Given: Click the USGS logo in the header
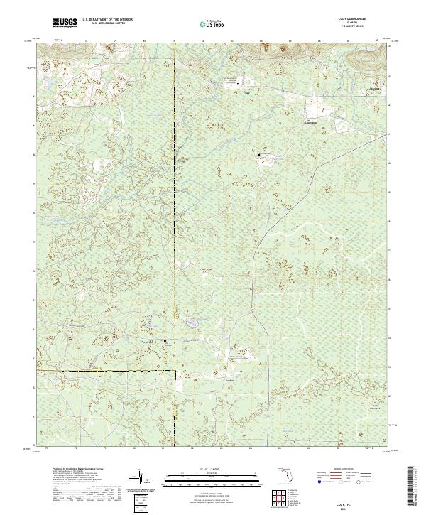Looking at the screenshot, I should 65,23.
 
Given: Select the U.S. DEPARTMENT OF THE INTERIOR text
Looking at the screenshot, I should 112,19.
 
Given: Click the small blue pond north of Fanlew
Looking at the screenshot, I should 191,324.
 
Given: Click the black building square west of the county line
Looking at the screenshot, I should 166,341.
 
